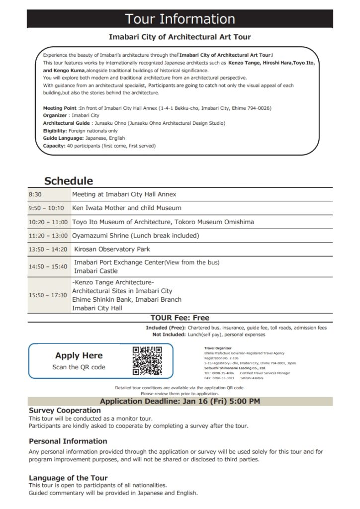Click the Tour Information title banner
(180, 19)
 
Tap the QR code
(147, 361)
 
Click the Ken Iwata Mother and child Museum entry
(127, 208)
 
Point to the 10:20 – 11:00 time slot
(48, 222)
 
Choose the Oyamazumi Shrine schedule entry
(135, 236)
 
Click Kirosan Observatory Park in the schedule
(112, 249)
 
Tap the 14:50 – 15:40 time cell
(48, 266)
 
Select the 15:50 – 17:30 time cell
(48, 295)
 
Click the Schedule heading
(69, 181)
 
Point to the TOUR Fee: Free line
(180, 318)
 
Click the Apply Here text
(79, 355)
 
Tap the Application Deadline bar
(180, 401)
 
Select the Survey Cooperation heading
(65, 411)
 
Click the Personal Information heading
(68, 441)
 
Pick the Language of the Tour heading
(68, 478)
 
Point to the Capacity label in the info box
(54, 146)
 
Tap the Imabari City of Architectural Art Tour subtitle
(180, 37)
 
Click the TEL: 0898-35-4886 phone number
(219, 373)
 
